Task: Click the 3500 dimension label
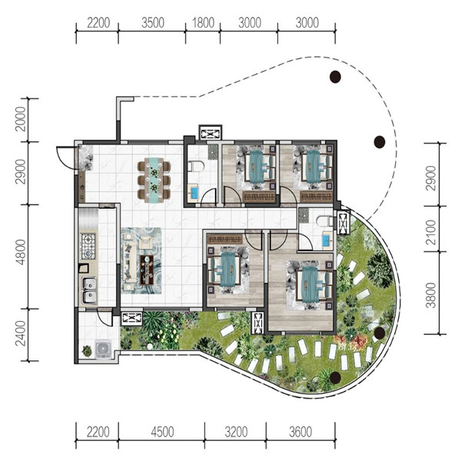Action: point(153,23)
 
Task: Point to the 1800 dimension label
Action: point(203,23)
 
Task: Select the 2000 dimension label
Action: point(21,119)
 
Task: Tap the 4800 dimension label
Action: point(21,252)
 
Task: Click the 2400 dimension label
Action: point(21,333)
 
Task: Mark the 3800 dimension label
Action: point(431,295)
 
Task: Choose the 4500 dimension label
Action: point(162,432)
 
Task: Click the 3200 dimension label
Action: point(236,432)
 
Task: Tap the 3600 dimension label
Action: point(300,432)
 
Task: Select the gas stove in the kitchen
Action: point(88,247)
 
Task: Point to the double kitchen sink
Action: point(89,290)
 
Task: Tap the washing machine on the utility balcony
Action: point(103,349)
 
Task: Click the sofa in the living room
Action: point(130,263)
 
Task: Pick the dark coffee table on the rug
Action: point(147,270)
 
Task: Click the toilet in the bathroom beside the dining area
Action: point(195,167)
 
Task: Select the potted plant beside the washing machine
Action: point(87,351)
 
